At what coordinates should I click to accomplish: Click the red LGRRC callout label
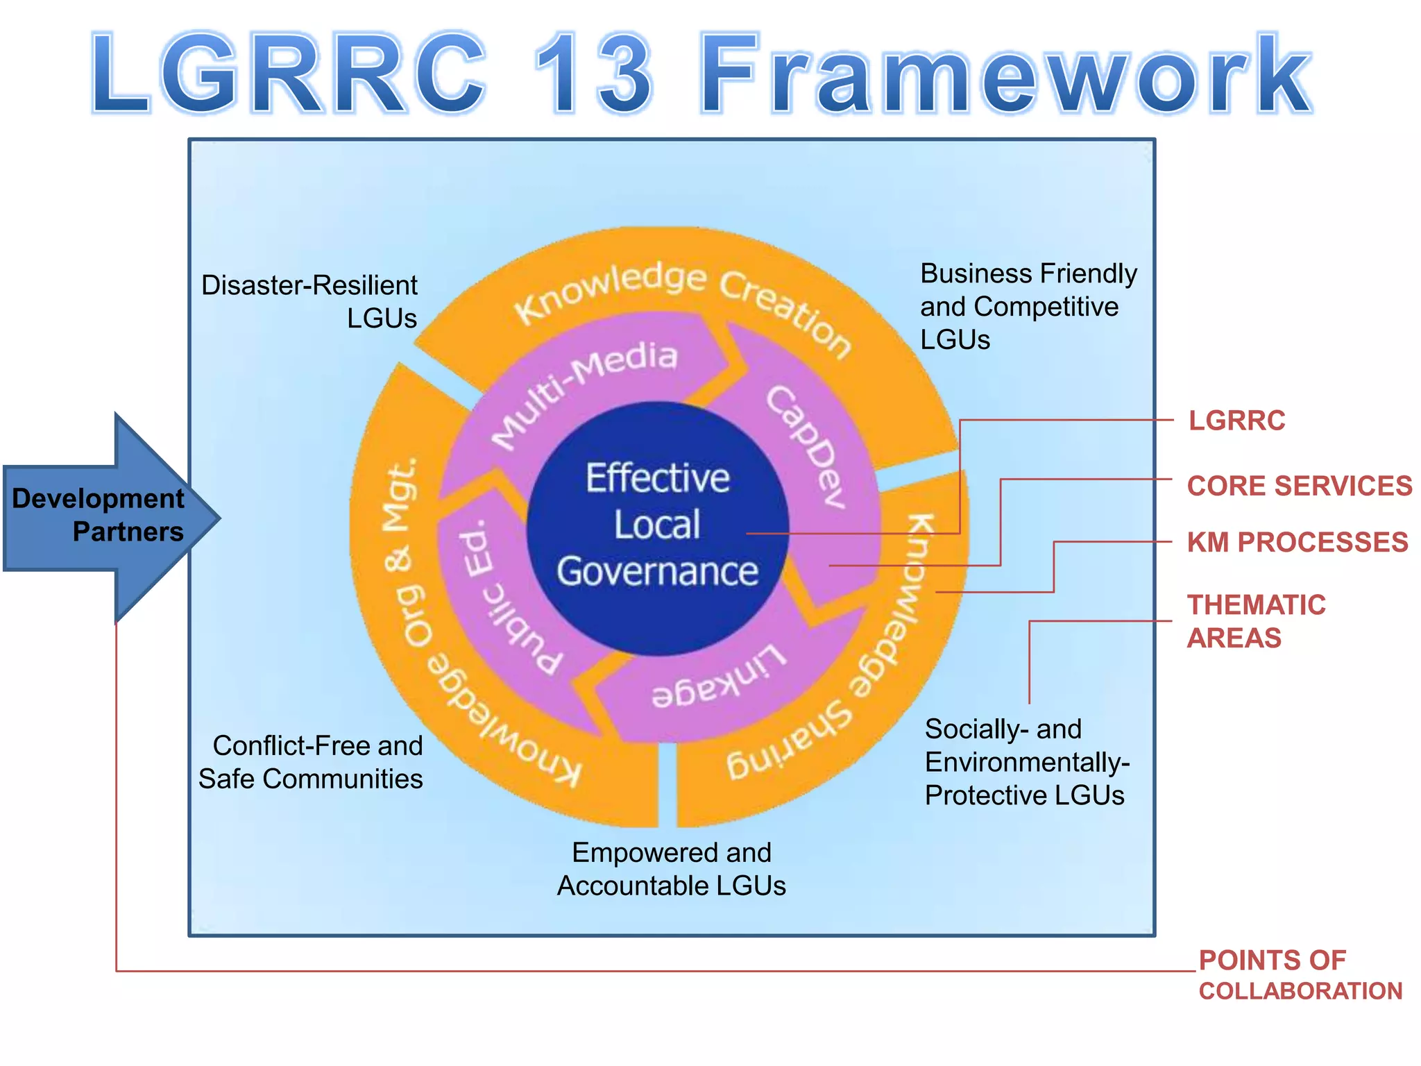click(x=1236, y=421)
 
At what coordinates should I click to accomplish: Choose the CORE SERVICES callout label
click(x=1299, y=486)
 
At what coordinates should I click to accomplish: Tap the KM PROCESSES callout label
click(x=1297, y=542)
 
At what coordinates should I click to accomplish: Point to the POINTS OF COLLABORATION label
click(x=1299, y=975)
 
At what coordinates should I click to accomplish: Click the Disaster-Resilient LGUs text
click(x=310, y=302)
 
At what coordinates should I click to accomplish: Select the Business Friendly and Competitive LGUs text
click(x=1027, y=306)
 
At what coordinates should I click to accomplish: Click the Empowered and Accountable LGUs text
click(x=671, y=869)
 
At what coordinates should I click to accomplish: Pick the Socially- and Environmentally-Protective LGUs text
click(x=1026, y=762)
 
